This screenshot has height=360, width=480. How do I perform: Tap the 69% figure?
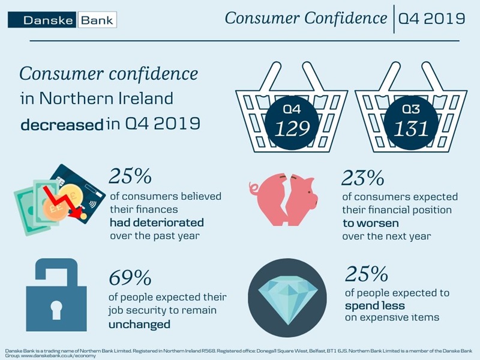pyautogui.click(x=130, y=278)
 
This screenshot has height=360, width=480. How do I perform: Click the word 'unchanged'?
pyautogui.click(x=139, y=324)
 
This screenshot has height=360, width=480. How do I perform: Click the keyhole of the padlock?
pyautogui.click(x=52, y=306)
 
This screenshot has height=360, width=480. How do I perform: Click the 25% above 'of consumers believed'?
pyautogui.click(x=129, y=177)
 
